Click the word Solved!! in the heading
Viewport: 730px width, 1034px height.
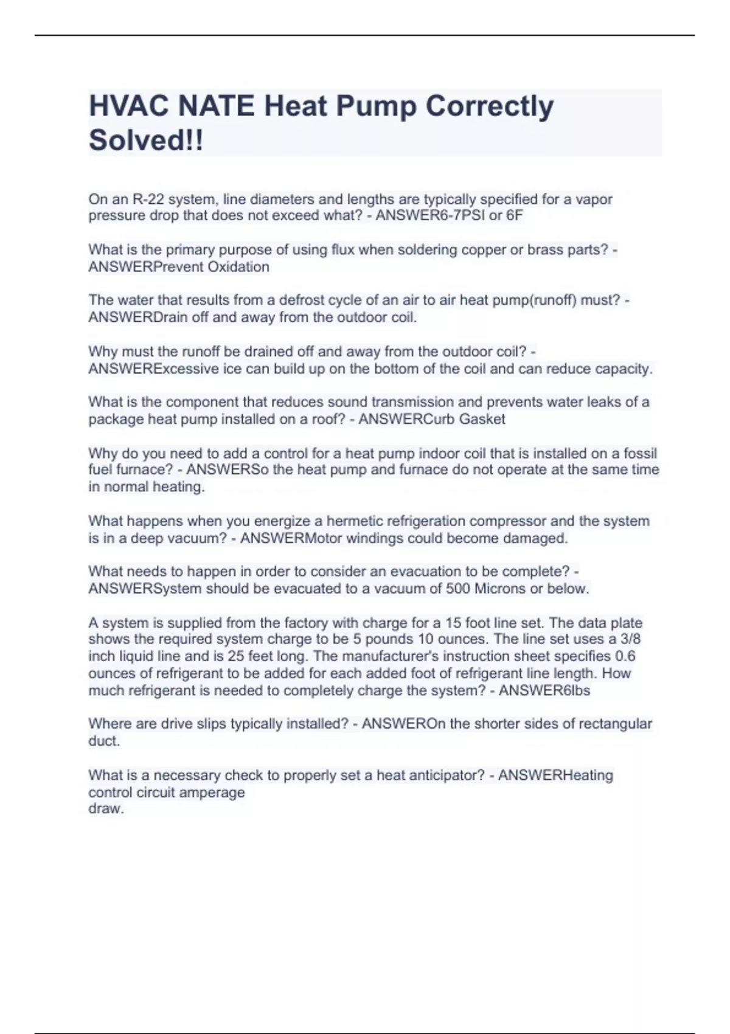tap(146, 141)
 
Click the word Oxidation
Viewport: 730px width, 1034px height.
tap(237, 267)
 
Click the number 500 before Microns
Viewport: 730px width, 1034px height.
tap(458, 589)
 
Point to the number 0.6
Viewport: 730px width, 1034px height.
tap(625, 656)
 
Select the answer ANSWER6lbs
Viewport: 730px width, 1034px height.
tap(544, 690)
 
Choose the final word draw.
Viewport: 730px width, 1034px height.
tap(106, 809)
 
